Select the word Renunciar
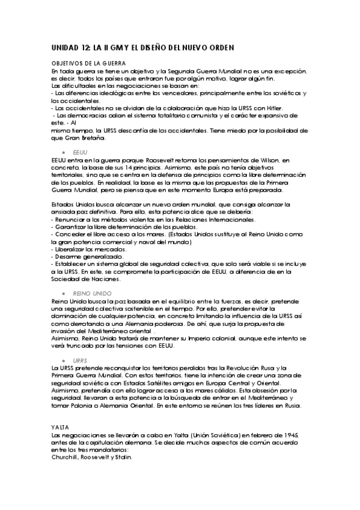click(71, 220)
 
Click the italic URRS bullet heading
click(80, 360)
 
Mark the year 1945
click(290, 434)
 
